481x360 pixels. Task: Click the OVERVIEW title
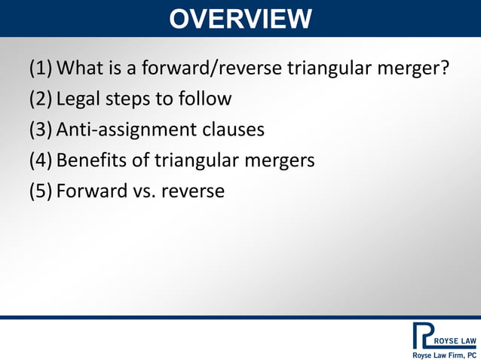(x=240, y=18)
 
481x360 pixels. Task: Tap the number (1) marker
(x=41, y=69)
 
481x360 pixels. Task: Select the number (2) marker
(x=41, y=99)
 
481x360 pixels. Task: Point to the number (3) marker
(x=41, y=130)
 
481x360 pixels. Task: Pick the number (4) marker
(x=41, y=160)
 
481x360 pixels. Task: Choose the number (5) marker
(x=41, y=191)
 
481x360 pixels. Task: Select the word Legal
(x=80, y=99)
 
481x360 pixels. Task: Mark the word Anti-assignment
(x=126, y=130)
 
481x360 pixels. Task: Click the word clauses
(x=233, y=130)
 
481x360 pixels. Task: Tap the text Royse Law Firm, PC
(x=443, y=354)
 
